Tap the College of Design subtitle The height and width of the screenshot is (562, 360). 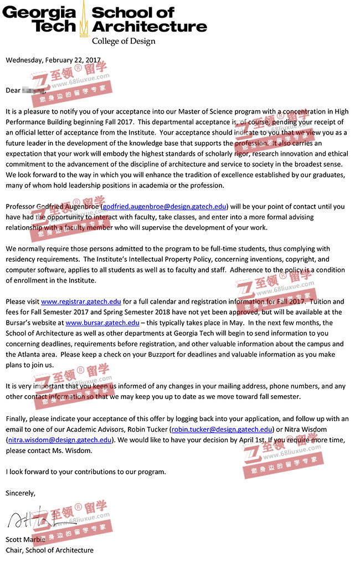[x=124, y=41]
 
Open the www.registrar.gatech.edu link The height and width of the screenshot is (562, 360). [x=81, y=302]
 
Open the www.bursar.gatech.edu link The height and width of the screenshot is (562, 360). [x=102, y=323]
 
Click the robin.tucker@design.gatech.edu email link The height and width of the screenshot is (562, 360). [x=222, y=429]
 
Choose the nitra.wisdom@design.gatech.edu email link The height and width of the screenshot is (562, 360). [x=60, y=440]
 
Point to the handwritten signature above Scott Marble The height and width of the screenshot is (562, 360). [x=33, y=520]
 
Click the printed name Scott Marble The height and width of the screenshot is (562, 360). [x=25, y=539]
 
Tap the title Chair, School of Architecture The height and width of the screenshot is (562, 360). [x=49, y=550]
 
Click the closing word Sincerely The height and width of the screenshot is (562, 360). [x=20, y=493]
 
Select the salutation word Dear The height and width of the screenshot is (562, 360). [x=13, y=90]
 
